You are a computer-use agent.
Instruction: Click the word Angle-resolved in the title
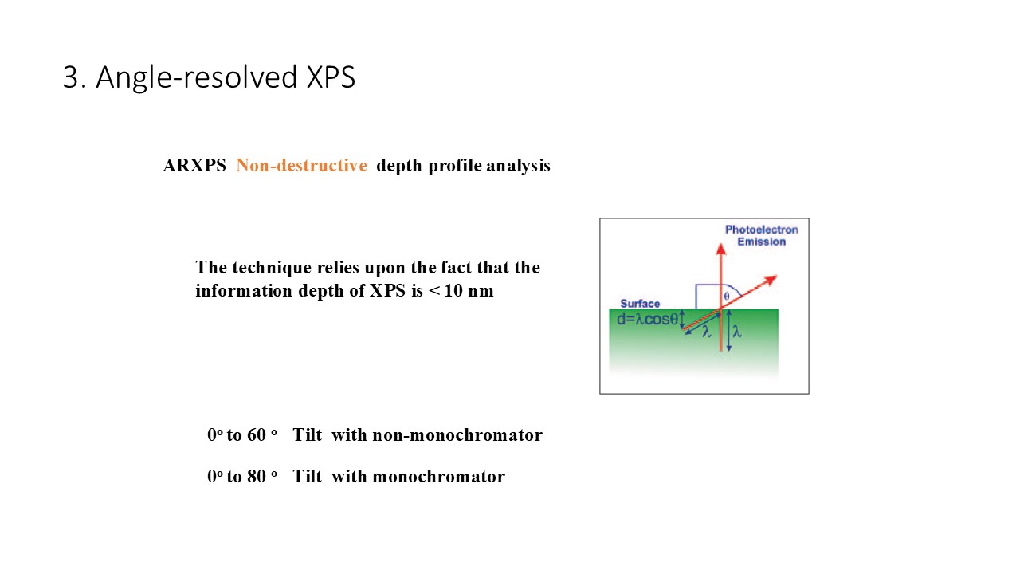point(197,78)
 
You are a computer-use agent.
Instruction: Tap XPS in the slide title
point(331,77)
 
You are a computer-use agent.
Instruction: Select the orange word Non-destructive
point(301,165)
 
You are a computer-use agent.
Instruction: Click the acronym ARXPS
point(194,165)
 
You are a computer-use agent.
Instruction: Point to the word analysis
point(518,167)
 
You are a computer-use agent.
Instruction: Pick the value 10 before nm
point(453,291)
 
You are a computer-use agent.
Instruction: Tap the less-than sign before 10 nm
point(434,291)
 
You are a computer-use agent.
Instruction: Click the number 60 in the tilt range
point(257,435)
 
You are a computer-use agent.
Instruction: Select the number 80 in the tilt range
point(257,477)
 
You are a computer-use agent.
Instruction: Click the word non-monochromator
point(457,435)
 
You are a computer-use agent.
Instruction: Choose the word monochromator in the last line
point(438,477)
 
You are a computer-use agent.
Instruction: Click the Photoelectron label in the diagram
point(761,230)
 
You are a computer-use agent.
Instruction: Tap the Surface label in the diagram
point(640,304)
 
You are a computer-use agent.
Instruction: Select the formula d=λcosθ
point(648,320)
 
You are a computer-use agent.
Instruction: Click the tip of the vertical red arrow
point(720,244)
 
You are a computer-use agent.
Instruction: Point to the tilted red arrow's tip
point(777,276)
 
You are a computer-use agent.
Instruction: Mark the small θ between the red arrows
point(727,296)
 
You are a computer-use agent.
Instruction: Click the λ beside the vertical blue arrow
point(737,332)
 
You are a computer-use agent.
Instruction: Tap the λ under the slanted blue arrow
point(707,332)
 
